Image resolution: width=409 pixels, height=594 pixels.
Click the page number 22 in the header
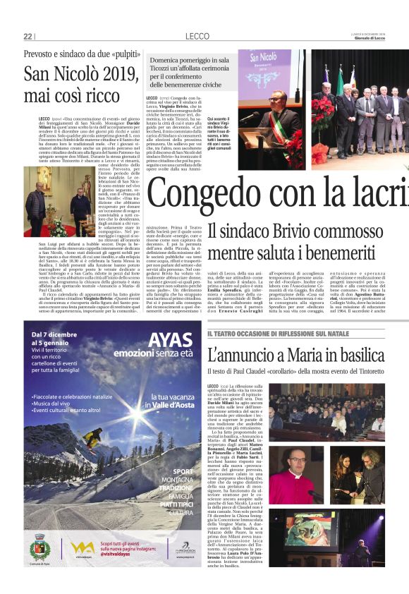[28, 36]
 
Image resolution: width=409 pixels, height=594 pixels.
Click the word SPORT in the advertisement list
[182, 472]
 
